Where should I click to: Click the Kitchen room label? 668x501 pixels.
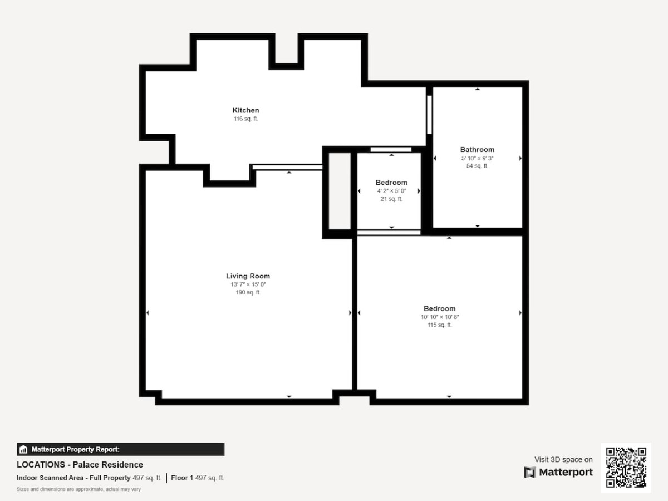click(245, 110)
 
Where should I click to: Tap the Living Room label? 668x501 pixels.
click(248, 276)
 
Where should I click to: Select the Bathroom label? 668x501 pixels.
click(477, 150)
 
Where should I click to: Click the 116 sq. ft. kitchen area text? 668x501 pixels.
click(245, 119)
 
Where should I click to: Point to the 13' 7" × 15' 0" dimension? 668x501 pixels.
click(248, 284)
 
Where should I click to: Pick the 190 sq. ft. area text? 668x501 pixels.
click(248, 293)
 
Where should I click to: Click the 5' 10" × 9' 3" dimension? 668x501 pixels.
click(477, 158)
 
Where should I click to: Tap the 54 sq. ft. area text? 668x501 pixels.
click(477, 166)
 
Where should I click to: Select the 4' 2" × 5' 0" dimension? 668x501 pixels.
click(391, 191)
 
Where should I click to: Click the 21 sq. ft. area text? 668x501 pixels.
click(391, 199)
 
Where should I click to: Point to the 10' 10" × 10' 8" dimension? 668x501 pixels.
click(439, 317)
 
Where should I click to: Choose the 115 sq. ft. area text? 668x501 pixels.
click(439, 325)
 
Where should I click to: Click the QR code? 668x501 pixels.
click(626, 468)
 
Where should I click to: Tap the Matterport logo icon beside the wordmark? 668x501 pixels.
click(530, 473)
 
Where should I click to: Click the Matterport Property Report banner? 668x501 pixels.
click(120, 449)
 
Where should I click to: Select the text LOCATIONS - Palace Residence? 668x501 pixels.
click(80, 465)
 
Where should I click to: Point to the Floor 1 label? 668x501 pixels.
click(182, 478)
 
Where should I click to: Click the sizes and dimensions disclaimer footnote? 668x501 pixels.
click(78, 489)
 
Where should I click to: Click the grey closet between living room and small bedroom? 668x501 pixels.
click(340, 191)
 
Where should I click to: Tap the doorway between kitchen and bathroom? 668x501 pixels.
click(429, 115)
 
